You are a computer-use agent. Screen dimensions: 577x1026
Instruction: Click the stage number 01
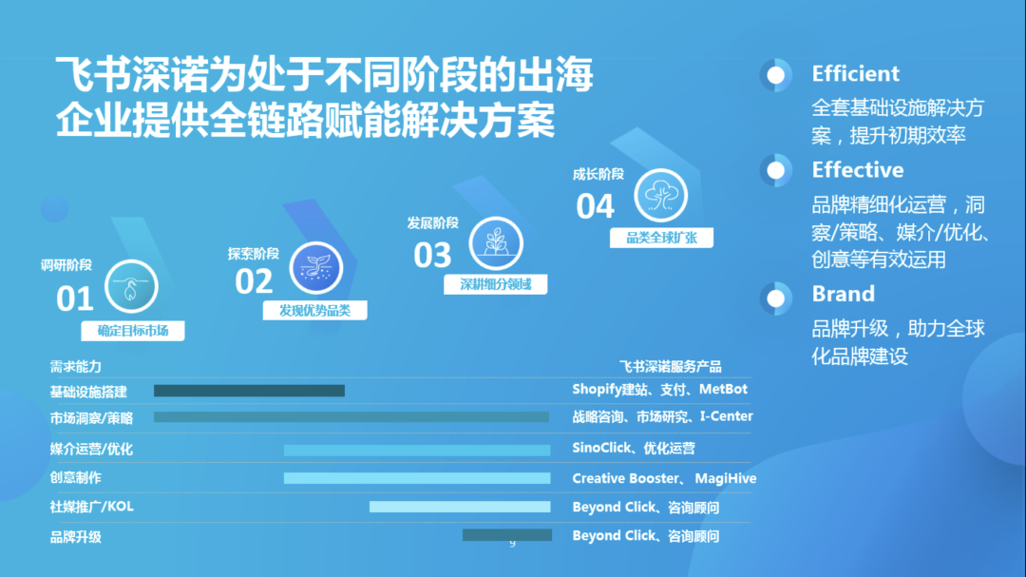tap(75, 298)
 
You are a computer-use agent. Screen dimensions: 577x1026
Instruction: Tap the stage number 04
tap(596, 205)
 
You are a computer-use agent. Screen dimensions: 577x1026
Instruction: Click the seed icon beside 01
tap(131, 285)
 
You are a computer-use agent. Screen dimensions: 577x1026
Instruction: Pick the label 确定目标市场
tap(132, 331)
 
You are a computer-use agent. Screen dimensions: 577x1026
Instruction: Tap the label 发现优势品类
tap(314, 310)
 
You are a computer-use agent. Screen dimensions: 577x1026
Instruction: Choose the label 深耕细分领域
tap(496, 284)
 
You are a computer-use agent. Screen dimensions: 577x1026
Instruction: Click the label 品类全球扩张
tap(661, 238)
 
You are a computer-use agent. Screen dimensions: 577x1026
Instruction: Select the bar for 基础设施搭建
tap(249, 390)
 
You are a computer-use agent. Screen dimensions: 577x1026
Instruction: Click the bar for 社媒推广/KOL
tap(460, 507)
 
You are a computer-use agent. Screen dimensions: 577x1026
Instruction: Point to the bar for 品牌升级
tap(506, 535)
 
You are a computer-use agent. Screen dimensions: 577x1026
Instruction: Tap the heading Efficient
tap(855, 74)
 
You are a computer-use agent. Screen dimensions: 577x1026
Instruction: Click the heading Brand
tap(843, 294)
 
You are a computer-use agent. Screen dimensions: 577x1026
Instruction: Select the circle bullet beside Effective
tap(776, 171)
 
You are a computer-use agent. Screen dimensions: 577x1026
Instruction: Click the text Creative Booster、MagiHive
tap(664, 478)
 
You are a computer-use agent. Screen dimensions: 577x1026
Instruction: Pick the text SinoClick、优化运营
tap(633, 448)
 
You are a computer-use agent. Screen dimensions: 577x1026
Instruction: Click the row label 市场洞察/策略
tap(91, 418)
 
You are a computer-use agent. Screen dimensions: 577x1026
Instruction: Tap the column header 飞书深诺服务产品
tap(670, 366)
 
